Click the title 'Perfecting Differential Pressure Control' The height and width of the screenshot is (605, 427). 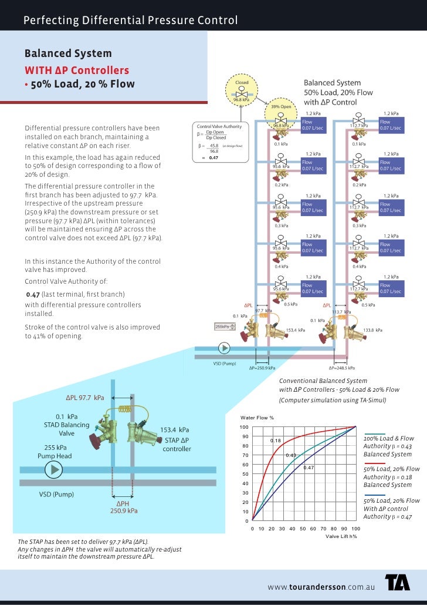(x=130, y=21)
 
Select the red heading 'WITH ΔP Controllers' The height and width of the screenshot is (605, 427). (x=76, y=70)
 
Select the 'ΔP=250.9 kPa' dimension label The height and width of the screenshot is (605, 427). (x=262, y=368)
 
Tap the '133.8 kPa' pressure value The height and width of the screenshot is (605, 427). (x=373, y=330)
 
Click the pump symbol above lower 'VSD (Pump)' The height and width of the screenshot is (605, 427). (x=53, y=469)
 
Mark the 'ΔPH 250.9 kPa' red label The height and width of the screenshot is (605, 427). (x=124, y=507)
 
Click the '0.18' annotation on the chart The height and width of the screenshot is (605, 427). (x=275, y=440)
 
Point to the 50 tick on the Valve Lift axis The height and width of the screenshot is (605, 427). (x=304, y=529)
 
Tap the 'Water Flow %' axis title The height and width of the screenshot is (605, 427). (x=257, y=418)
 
